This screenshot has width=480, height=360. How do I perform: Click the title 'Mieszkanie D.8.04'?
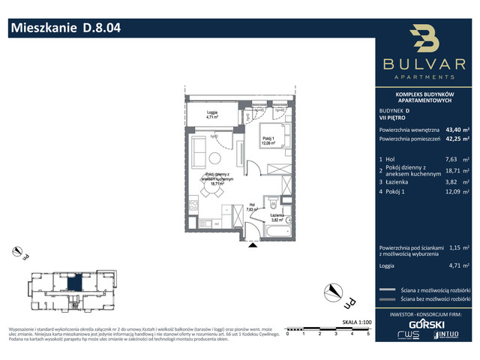pos(64,29)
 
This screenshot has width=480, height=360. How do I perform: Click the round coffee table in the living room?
pos(214,157)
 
